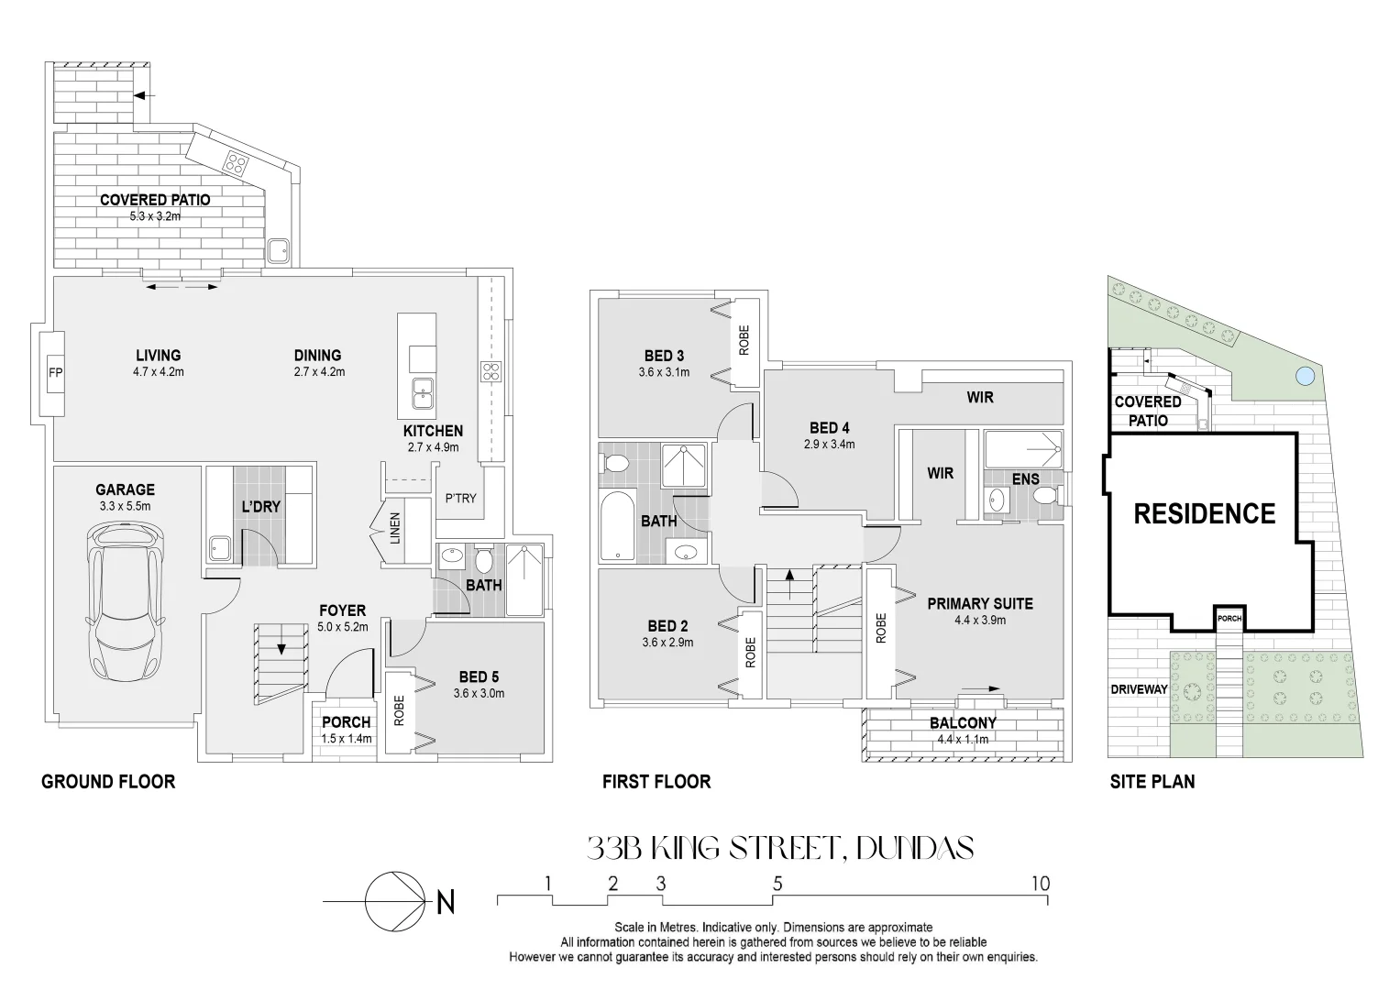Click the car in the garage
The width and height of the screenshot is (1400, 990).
pos(126,600)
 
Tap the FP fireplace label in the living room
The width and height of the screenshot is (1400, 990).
pos(54,373)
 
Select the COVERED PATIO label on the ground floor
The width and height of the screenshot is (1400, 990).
pos(155,200)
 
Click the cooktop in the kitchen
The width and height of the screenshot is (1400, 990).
pos(491,371)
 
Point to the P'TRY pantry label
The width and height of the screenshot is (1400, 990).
pos(460,498)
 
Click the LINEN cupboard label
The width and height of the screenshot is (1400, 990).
pos(395,528)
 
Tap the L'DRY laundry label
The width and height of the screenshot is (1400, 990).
pos(261,506)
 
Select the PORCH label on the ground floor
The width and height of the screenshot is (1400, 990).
pos(346,722)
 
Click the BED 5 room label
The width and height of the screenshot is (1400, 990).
pos(479,677)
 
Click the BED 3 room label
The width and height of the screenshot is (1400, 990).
pos(664,356)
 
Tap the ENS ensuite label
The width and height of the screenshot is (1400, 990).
pos(1025,478)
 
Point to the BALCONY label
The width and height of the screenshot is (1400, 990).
pos(963,723)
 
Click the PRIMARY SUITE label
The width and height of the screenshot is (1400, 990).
pos(979,603)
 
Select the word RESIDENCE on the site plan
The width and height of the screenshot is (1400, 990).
pos(1204,513)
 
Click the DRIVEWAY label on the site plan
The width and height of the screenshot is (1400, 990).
pos(1139,689)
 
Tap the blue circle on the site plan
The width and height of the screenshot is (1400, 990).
pos(1305,375)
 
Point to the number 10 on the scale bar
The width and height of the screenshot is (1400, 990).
pos(1040,884)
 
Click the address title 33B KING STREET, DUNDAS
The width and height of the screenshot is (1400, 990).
pos(779,848)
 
